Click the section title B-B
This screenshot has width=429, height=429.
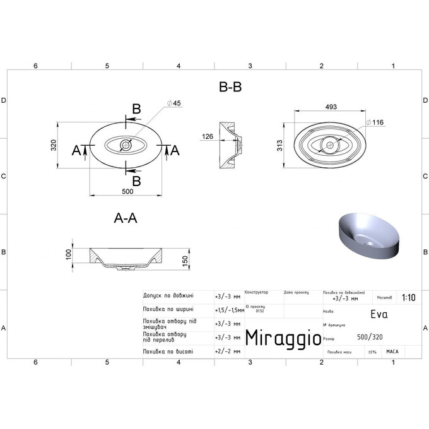tap(230, 88)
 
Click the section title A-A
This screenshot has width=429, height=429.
tap(126, 218)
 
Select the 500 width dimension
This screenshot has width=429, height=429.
tap(127, 191)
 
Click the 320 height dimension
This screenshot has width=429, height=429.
tap(54, 146)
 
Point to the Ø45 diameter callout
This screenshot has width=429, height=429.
tap(173, 103)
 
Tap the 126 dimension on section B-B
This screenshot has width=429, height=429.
tap(208, 137)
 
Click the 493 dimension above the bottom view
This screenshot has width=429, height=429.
tap(330, 107)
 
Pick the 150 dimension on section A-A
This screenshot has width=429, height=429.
tap(185, 261)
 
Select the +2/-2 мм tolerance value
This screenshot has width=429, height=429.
tap(228, 351)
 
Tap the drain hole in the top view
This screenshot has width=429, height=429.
tap(126, 146)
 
